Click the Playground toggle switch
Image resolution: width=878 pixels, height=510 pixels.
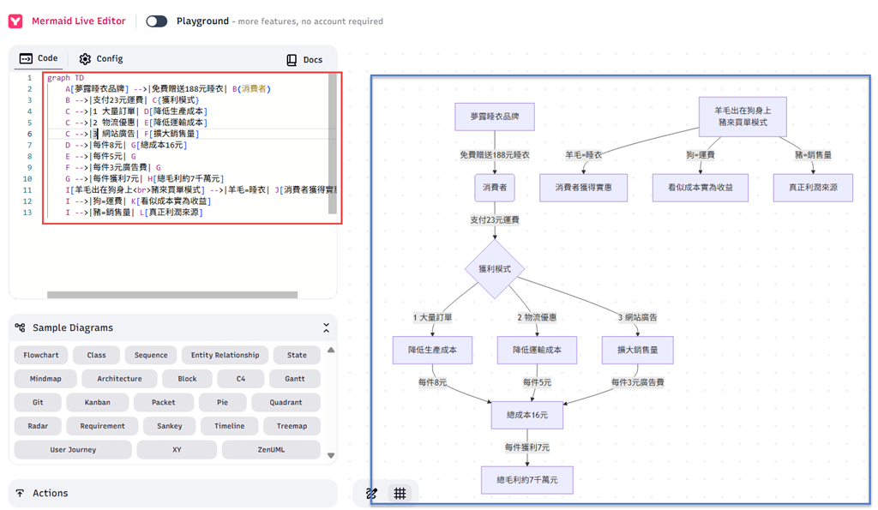156,21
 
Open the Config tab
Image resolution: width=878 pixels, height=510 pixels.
101,59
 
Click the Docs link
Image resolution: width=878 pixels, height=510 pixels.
304,60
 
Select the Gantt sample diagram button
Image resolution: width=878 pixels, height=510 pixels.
295,379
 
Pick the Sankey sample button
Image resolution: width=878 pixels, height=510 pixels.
170,426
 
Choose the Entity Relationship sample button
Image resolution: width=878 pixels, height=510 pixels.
226,355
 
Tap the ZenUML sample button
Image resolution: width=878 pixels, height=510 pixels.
271,449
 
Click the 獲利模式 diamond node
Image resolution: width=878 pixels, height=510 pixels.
495,269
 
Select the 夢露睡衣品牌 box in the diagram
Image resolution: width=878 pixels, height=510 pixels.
495,117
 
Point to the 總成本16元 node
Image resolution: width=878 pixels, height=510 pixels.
527,415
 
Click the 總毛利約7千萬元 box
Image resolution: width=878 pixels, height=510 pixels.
527,480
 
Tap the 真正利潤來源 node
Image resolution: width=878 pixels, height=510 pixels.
813,188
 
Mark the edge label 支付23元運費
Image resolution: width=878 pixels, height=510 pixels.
495,220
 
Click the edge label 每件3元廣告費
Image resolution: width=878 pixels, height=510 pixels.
637,382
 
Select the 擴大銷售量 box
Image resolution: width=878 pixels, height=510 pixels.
637,350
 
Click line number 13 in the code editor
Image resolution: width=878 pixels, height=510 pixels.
27,213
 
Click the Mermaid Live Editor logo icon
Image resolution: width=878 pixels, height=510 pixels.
15,21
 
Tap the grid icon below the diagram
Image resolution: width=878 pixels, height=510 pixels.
400,493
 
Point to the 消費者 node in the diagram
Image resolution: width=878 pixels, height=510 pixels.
495,188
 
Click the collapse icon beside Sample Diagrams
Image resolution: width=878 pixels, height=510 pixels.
327,328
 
